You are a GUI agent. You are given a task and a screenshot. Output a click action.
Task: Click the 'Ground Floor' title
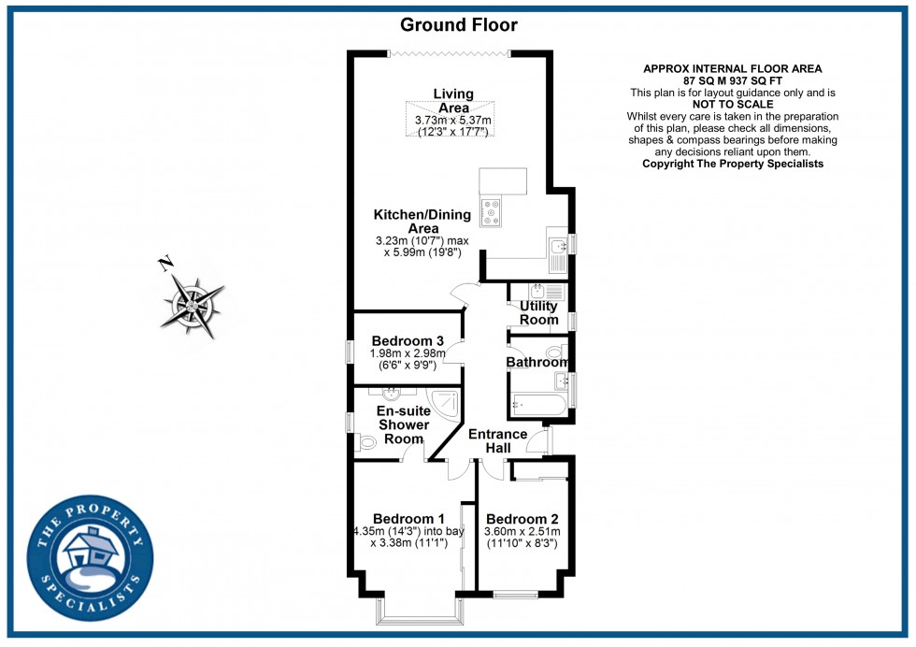coord(458,25)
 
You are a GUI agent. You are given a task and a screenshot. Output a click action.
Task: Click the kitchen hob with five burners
coord(491,212)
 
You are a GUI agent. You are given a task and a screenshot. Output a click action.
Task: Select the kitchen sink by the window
coord(557,247)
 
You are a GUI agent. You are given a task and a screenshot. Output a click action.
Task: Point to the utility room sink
coord(538,290)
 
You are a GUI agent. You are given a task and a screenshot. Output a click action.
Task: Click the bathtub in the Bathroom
coord(537,406)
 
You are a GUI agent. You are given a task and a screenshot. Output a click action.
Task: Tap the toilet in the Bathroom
coord(563,352)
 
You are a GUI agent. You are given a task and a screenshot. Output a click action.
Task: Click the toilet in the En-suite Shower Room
coord(366,442)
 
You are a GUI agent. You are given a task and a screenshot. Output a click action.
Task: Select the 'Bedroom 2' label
coord(516,519)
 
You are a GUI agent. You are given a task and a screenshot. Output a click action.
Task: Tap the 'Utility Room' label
coord(538,312)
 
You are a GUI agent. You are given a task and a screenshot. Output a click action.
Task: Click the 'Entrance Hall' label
coord(497,441)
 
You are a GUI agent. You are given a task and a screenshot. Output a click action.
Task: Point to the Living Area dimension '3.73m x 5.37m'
coord(453,121)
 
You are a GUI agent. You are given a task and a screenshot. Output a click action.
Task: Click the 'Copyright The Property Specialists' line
coord(733,164)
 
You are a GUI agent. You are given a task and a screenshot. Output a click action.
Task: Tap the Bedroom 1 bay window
coord(416,617)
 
